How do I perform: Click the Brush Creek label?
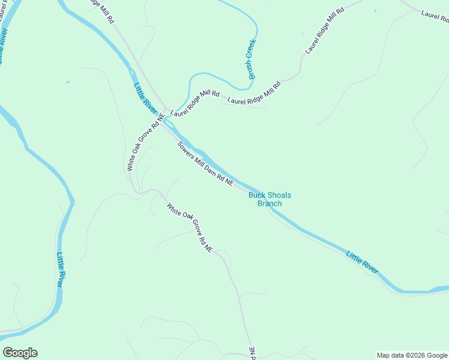(x=252, y=59)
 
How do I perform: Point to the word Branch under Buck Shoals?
(x=270, y=203)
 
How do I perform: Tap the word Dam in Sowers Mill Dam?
(x=212, y=170)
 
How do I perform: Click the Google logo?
(x=20, y=353)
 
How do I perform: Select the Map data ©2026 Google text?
(x=412, y=355)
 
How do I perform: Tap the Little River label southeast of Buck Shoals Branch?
(x=362, y=263)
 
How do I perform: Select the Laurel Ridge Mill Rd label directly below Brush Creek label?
(x=254, y=93)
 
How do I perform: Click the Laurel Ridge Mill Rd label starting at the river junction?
(x=195, y=103)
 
